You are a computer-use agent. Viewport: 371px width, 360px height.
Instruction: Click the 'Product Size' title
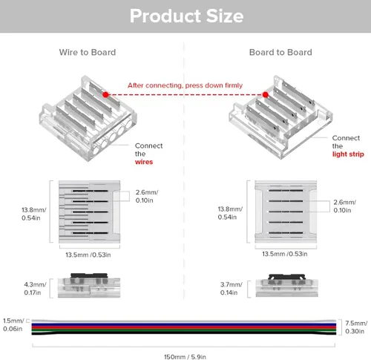pyautogui.click(x=187, y=16)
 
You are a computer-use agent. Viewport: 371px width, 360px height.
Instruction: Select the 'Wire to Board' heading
pyautogui.click(x=88, y=52)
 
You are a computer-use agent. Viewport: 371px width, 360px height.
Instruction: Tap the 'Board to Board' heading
pyautogui.click(x=280, y=52)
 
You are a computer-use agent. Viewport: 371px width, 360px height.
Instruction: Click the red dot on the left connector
pyautogui.click(x=105, y=94)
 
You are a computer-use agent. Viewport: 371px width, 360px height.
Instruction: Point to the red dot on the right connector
pyautogui.click(x=266, y=94)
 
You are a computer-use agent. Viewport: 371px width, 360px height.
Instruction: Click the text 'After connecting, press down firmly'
pyautogui.click(x=185, y=85)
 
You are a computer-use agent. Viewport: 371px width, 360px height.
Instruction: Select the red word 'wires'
pyautogui.click(x=144, y=162)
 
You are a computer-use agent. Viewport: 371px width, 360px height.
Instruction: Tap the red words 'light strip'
pyautogui.click(x=348, y=154)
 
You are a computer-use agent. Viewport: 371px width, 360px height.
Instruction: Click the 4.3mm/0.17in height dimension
pyautogui.click(x=35, y=289)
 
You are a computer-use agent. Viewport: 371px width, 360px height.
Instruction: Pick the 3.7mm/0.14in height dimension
pyautogui.click(x=231, y=289)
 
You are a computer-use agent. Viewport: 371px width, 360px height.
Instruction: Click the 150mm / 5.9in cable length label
pyautogui.click(x=185, y=356)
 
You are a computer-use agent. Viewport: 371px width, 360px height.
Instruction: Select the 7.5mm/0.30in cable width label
pyautogui.click(x=356, y=327)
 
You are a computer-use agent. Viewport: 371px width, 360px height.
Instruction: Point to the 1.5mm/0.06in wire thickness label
pyautogui.click(x=13, y=324)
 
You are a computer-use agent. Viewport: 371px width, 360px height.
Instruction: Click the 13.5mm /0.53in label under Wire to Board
pyautogui.click(x=88, y=255)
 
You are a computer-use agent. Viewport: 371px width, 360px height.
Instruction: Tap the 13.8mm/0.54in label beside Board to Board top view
pyautogui.click(x=230, y=213)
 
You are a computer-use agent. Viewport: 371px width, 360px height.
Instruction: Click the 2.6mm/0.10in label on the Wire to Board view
pyautogui.click(x=147, y=196)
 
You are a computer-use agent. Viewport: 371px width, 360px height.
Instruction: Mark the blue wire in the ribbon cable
pyautogui.click(x=184, y=324)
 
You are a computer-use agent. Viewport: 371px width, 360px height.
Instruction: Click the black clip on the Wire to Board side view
pyautogui.click(x=89, y=275)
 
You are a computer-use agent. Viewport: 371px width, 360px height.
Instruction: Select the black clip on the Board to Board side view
pyautogui.click(x=287, y=276)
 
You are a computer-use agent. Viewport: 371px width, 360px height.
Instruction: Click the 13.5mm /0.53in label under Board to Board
pyautogui.click(x=285, y=254)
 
